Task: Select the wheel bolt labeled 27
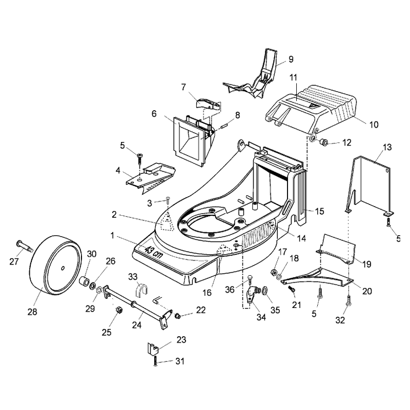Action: coord(24,247)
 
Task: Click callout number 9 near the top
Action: coord(291,59)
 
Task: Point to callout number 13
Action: coord(387,148)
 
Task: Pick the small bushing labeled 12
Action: coord(324,142)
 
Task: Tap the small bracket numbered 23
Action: coord(153,349)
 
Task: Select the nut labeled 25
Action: coord(119,310)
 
